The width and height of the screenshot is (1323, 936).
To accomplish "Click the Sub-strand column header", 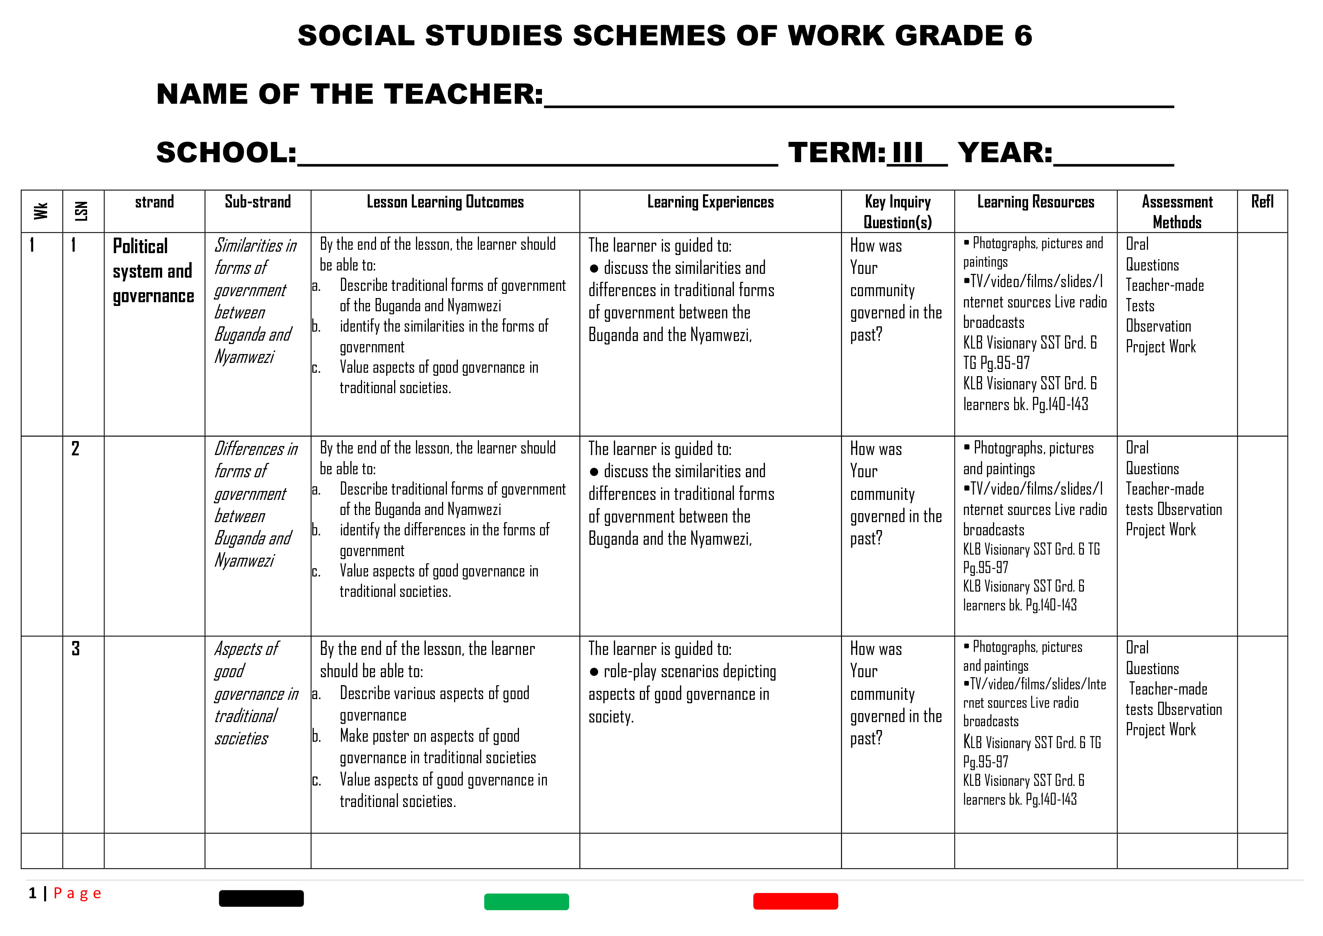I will pyautogui.click(x=258, y=202).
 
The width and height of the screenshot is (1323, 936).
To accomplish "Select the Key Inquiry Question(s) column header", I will pyautogui.click(x=897, y=212).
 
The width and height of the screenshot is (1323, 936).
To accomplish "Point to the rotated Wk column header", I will pyautogui.click(x=41, y=211).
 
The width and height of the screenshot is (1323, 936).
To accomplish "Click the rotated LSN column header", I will pyautogui.click(x=82, y=211).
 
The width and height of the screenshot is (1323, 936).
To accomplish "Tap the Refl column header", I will pyautogui.click(x=1262, y=202).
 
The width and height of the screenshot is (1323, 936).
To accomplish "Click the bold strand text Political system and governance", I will pyautogui.click(x=153, y=271).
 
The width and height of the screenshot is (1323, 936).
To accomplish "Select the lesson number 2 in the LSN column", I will pyautogui.click(x=75, y=449).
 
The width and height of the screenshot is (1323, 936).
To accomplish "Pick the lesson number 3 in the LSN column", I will pyautogui.click(x=75, y=649).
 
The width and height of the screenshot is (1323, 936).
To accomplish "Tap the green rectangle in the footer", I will pyautogui.click(x=526, y=901).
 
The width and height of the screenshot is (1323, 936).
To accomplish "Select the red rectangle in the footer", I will pyautogui.click(x=795, y=901).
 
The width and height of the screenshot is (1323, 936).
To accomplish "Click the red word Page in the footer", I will pyautogui.click(x=77, y=893).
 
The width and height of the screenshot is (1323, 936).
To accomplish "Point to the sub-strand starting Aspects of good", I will pyautogui.click(x=255, y=693).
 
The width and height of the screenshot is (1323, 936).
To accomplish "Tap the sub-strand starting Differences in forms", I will pyautogui.click(x=255, y=504).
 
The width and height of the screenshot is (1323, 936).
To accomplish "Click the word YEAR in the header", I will pyautogui.click(x=1004, y=153).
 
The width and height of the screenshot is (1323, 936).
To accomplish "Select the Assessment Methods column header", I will pyautogui.click(x=1177, y=212).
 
